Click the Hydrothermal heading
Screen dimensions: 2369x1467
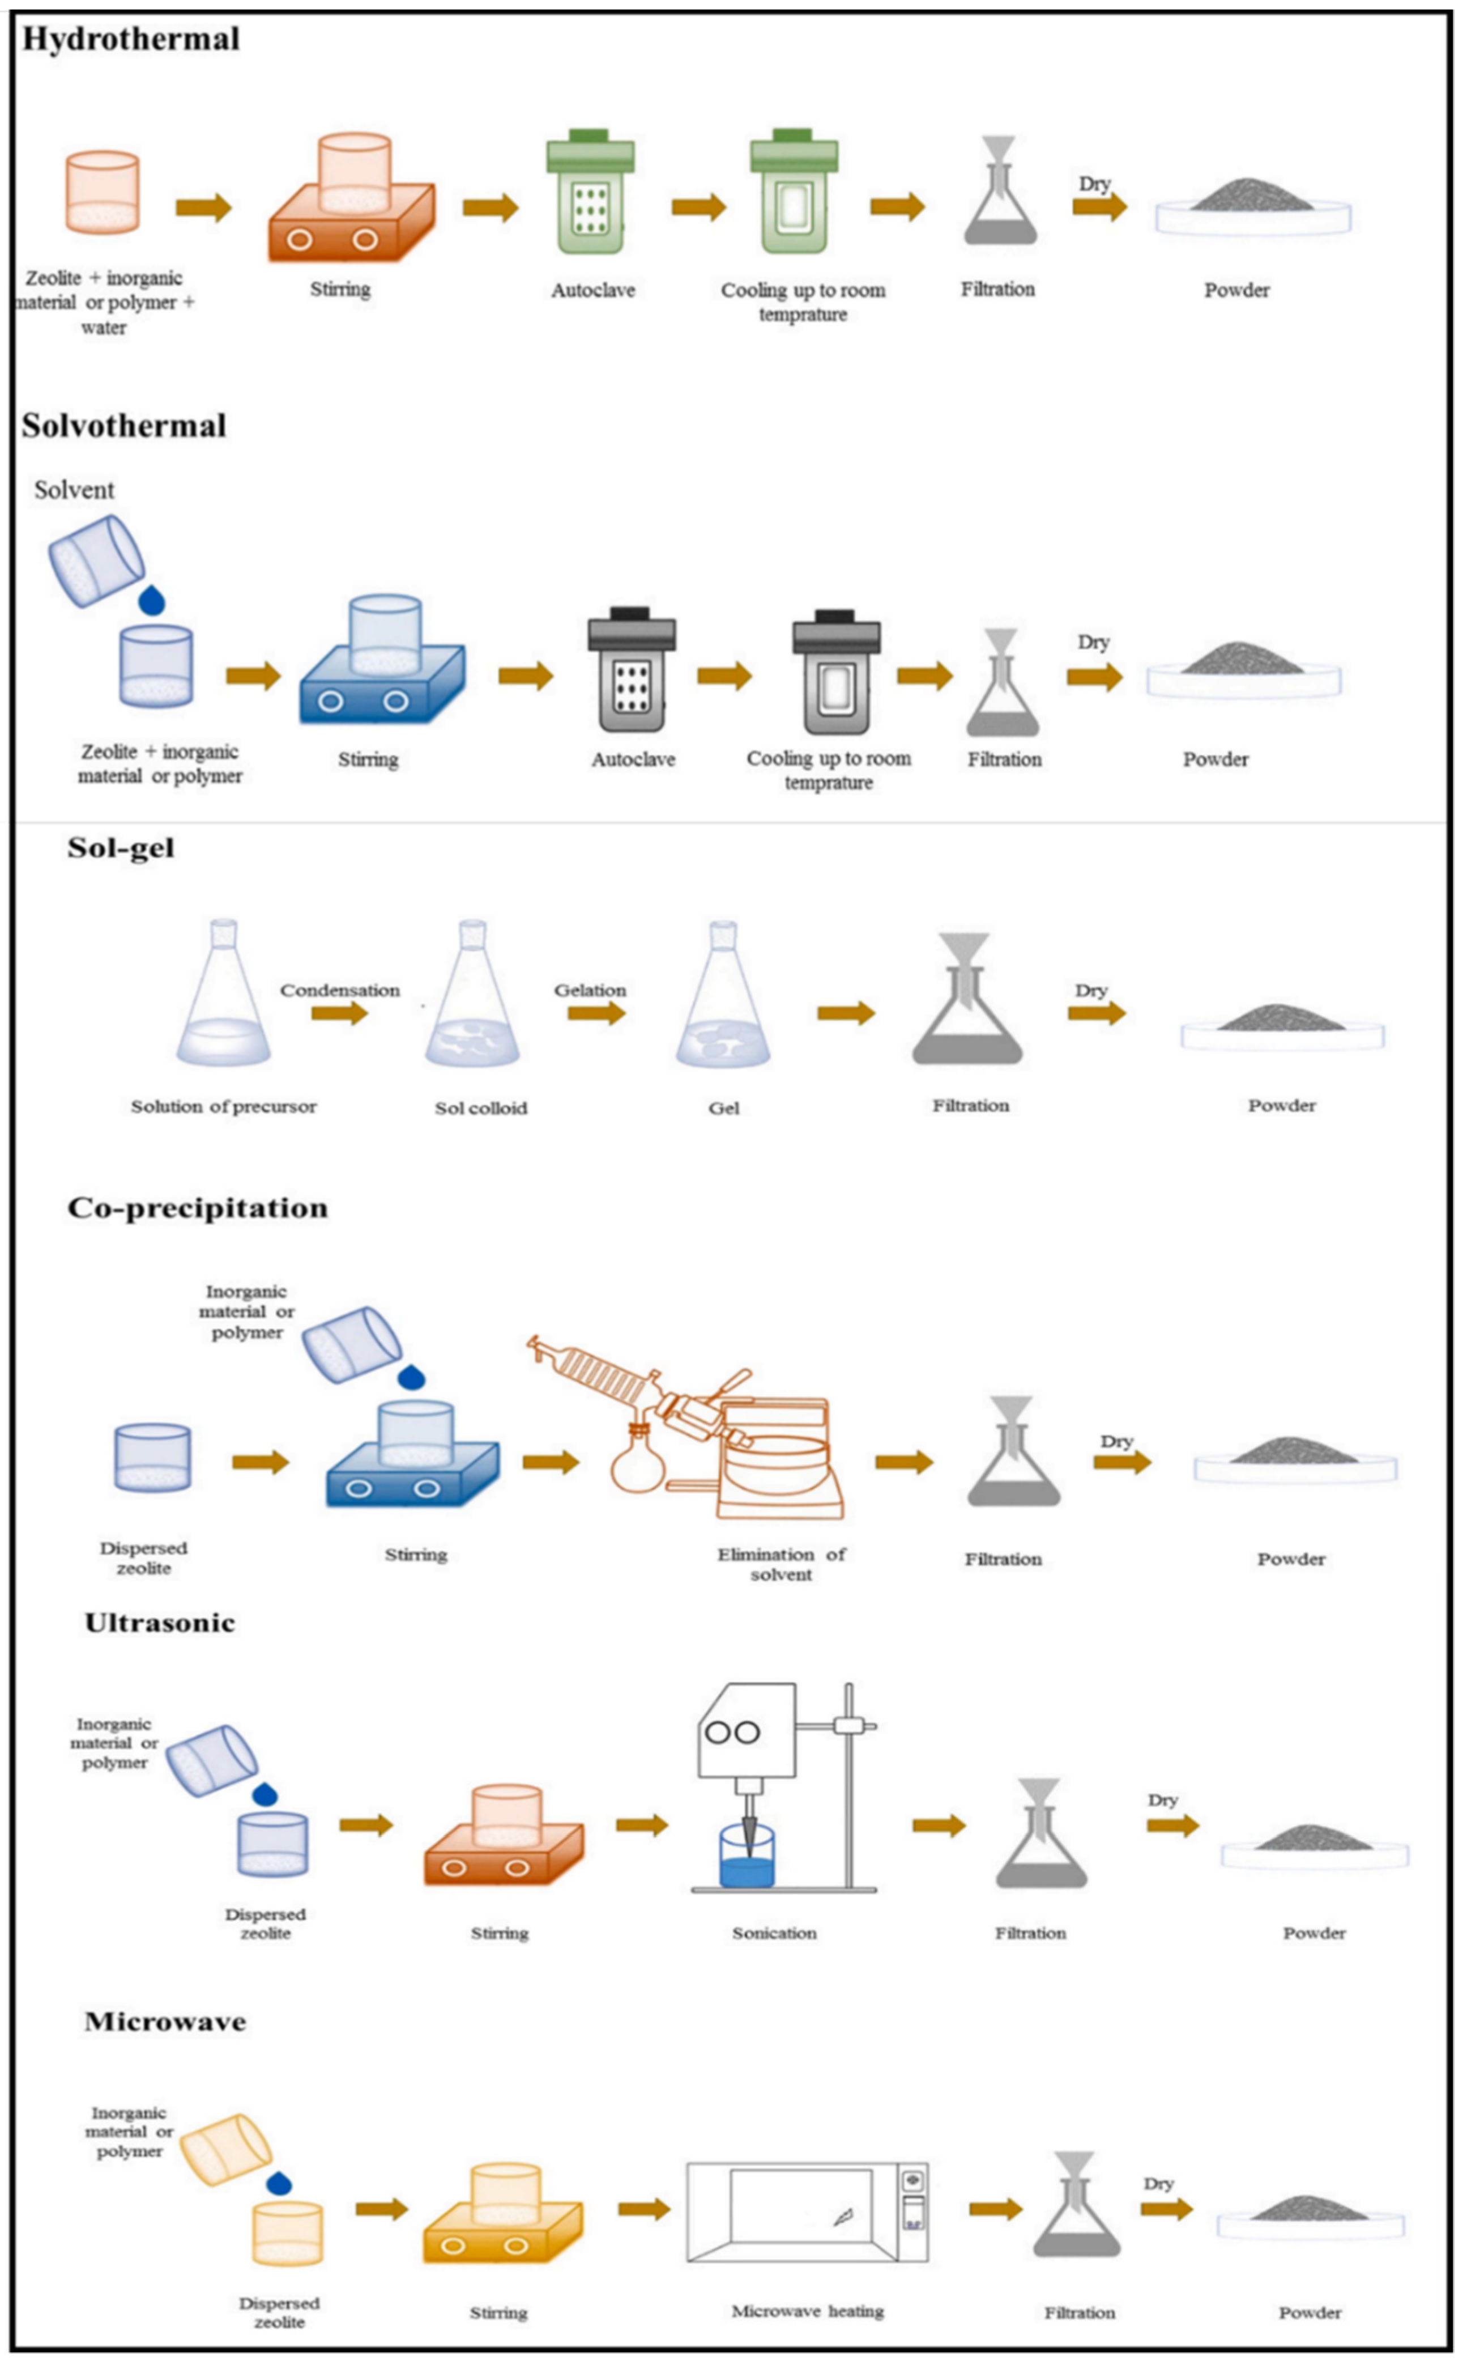click(x=130, y=39)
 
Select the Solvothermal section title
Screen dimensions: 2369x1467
click(x=123, y=426)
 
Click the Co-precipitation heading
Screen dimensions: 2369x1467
click(x=197, y=1208)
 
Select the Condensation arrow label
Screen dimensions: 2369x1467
click(x=340, y=990)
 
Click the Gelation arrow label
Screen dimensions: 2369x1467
click(x=590, y=990)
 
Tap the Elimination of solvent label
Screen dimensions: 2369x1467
click(x=781, y=1564)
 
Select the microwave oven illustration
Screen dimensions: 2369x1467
click(x=807, y=2212)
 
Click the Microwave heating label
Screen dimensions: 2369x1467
click(x=807, y=2311)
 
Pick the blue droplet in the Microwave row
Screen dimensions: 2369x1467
click(x=279, y=2184)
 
